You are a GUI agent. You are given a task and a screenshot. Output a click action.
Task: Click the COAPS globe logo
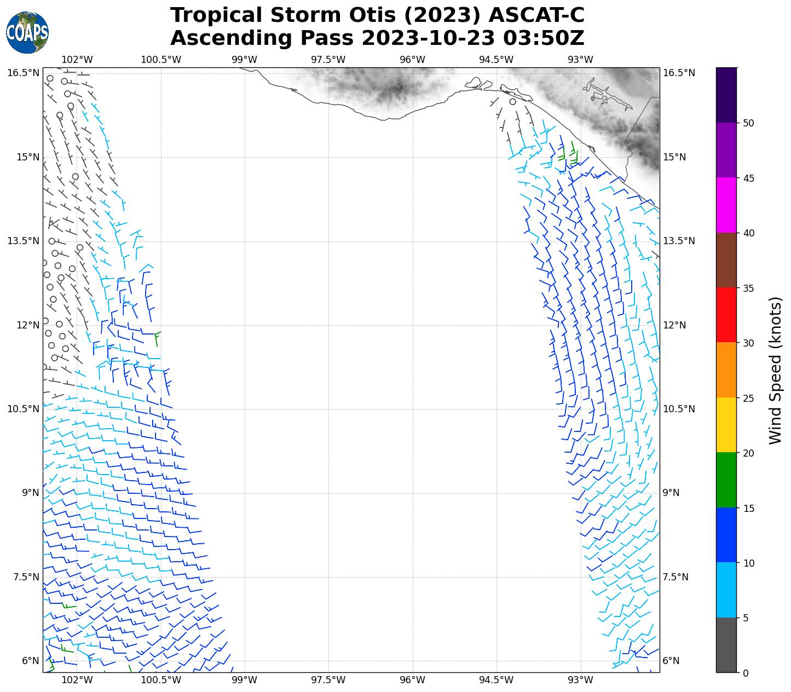tap(27, 33)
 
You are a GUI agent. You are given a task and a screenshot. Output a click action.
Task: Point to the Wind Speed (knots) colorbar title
tap(776, 370)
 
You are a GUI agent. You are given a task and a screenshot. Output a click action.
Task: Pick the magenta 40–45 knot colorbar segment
tap(726, 205)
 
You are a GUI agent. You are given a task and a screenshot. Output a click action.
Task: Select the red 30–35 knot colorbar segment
tap(726, 315)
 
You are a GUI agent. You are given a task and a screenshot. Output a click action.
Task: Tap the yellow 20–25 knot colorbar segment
tap(726, 425)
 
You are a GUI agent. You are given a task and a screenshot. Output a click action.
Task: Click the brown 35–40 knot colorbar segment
tap(726, 260)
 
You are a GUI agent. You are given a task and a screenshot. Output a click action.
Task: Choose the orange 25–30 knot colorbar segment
tap(726, 370)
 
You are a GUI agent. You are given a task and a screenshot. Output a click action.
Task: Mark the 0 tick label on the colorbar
tap(745, 673)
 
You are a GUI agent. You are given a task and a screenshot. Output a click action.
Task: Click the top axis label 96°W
tap(412, 60)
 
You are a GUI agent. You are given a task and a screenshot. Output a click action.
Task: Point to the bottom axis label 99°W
tap(244, 681)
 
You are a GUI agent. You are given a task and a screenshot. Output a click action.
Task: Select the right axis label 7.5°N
tap(675, 577)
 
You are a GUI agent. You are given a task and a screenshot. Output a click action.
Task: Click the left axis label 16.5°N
tap(23, 73)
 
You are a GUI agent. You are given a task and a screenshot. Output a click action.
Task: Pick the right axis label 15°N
tap(674, 157)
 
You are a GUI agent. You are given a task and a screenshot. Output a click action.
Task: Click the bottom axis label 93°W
tap(580, 681)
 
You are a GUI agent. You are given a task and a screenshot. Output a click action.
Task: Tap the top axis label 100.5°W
tap(161, 60)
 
